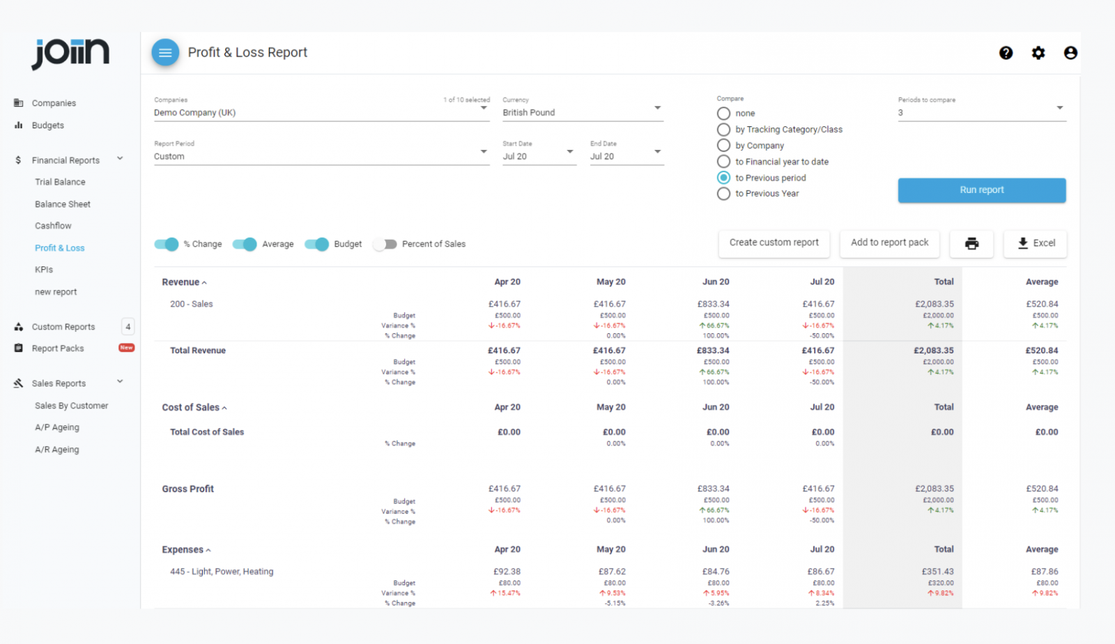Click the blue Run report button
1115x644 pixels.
coord(981,190)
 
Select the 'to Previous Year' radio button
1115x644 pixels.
coord(724,194)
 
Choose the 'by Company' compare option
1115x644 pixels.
coord(724,146)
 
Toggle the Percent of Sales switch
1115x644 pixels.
coord(385,244)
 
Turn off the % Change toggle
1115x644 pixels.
coord(167,244)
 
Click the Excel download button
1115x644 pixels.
coord(1035,243)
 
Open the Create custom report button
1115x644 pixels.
coord(774,243)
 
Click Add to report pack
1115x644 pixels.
coord(889,243)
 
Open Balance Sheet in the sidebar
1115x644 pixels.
coord(63,204)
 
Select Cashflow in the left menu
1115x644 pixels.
coord(54,226)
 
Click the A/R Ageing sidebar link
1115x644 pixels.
coord(57,450)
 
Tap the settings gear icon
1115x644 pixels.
coord(1038,53)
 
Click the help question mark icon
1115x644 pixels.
coord(1006,53)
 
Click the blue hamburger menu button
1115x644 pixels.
coord(165,52)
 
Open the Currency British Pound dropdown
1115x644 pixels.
coord(582,112)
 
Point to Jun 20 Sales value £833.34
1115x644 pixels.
coord(713,304)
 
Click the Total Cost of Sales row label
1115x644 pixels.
coord(207,432)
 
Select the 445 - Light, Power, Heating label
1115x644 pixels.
coord(222,572)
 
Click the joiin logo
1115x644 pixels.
coord(70,53)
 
